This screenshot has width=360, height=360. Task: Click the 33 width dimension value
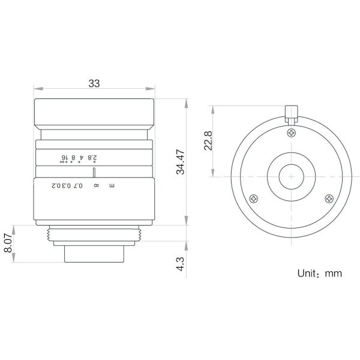pyautogui.click(x=94, y=83)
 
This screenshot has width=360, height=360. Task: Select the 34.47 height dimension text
pyautogui.click(x=181, y=162)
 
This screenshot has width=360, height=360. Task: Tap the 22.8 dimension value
pyautogui.click(x=208, y=140)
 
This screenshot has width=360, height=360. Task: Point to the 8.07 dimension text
pyautogui.click(x=8, y=243)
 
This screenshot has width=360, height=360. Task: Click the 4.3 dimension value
pyautogui.click(x=181, y=264)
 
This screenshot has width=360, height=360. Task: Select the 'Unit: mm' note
pyautogui.click(x=320, y=273)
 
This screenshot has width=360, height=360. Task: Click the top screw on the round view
pyautogui.click(x=292, y=133)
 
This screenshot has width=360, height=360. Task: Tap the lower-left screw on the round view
pyautogui.click(x=253, y=199)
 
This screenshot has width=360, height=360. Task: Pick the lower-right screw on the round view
pyautogui.click(x=329, y=199)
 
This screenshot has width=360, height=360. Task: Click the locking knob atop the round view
pyautogui.click(x=292, y=114)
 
